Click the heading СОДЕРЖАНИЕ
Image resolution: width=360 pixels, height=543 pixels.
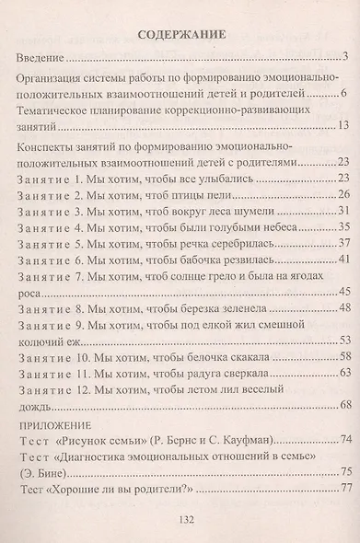180,38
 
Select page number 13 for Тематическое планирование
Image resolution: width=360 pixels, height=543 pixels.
340,126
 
